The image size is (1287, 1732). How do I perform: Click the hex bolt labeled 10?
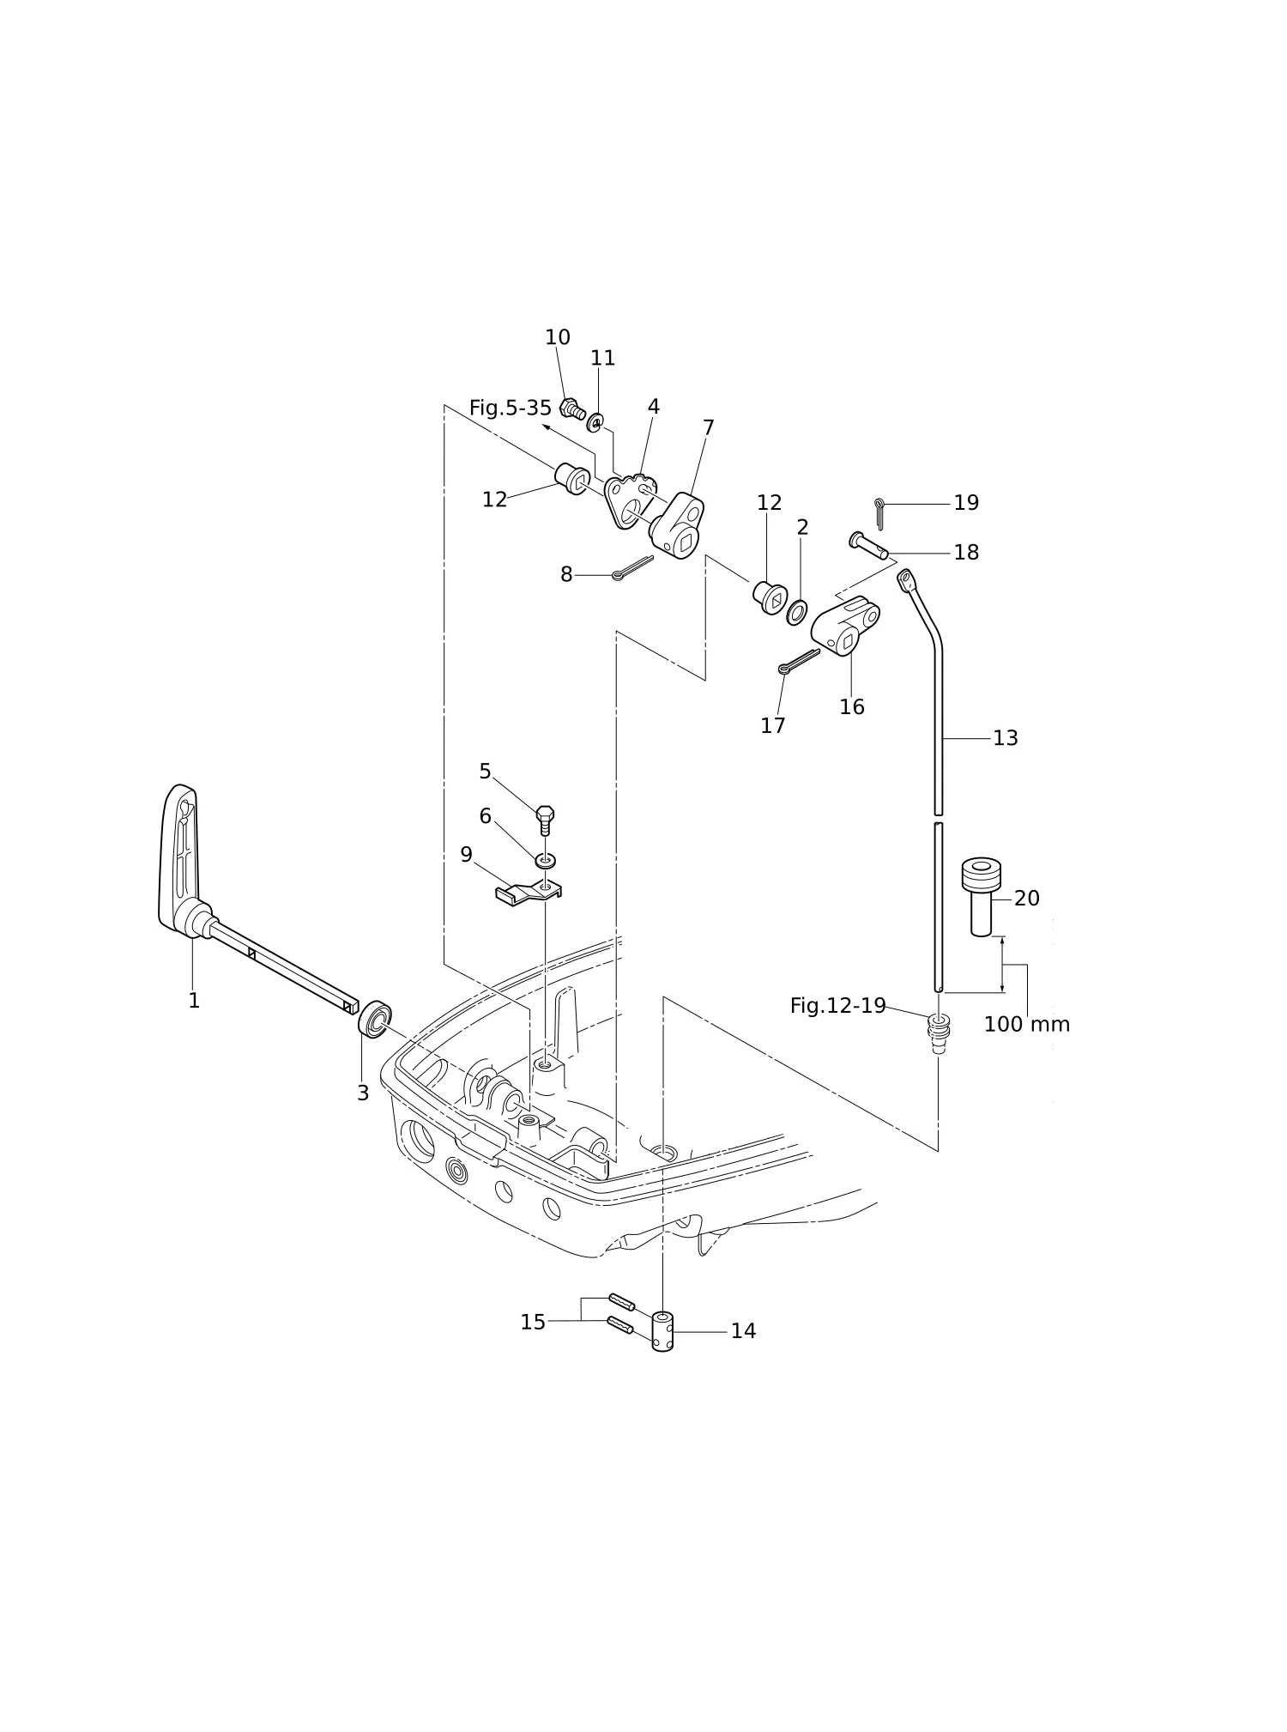572,409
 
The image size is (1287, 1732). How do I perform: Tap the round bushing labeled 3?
374,1019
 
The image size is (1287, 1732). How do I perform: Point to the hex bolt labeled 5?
545,820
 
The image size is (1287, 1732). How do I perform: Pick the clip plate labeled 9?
528,893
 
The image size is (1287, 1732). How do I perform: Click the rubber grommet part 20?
981,895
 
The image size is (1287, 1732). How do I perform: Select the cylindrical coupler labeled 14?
662,1331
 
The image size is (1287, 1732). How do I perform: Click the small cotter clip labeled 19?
879,513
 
